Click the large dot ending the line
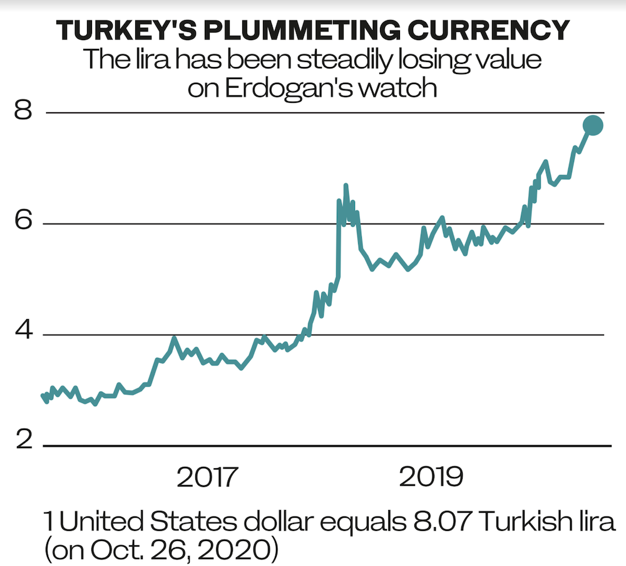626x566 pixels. [593, 125]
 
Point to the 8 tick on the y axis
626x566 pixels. [24, 112]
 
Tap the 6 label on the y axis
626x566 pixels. [24, 223]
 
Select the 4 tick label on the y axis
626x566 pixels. [24, 334]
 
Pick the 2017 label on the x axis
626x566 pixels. [208, 478]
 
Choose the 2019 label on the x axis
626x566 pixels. [431, 478]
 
